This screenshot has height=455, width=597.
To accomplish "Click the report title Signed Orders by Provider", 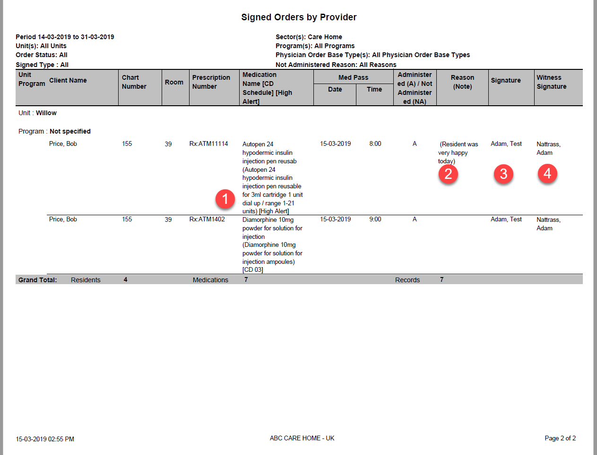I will click(x=299, y=17).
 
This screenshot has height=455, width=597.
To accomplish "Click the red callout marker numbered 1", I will click(x=225, y=199).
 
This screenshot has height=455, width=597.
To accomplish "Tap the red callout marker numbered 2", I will click(x=448, y=174).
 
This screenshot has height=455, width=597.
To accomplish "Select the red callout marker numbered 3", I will click(x=503, y=174).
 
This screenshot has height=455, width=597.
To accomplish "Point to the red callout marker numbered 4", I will click(x=547, y=174).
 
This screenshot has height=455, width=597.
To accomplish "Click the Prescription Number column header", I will click(x=211, y=82).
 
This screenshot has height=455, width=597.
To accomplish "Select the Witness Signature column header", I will click(x=551, y=82).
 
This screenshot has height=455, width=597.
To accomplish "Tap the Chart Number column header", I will click(x=134, y=82).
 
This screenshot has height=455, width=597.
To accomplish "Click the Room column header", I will click(x=174, y=82).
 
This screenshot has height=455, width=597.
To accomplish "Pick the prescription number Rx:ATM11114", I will click(x=208, y=144).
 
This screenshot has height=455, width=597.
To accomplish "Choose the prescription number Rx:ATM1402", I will click(x=207, y=219).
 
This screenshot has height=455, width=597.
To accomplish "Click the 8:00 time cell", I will click(x=375, y=144).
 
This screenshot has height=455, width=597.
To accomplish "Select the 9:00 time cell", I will click(x=375, y=219).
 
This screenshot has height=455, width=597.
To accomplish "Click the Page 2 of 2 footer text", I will click(x=560, y=438).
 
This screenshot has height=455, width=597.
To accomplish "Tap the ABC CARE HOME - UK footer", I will click(x=302, y=438).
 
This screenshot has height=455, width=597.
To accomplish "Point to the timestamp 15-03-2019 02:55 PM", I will click(x=45, y=439).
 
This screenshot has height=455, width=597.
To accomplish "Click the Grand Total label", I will click(x=37, y=280).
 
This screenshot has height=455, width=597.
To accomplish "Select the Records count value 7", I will click(x=441, y=280).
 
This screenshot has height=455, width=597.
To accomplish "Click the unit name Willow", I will click(x=46, y=113).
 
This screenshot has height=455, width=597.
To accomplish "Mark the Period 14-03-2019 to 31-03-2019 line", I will click(x=65, y=37).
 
